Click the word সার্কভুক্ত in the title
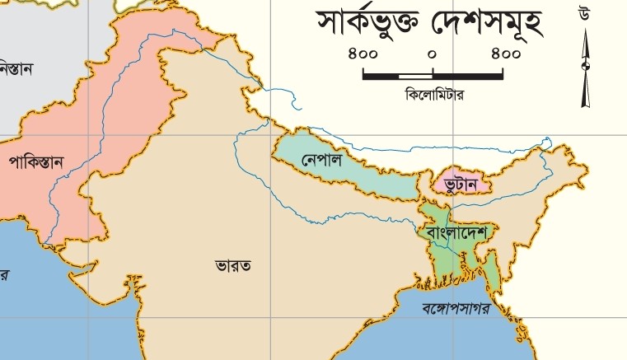[370, 25]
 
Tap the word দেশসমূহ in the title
[487, 25]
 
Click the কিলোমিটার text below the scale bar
[435, 95]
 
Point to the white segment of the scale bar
[415, 76]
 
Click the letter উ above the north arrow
[584, 13]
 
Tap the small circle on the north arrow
[586, 66]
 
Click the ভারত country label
[233, 265]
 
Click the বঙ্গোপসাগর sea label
[456, 310]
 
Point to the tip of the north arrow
[586, 30]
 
